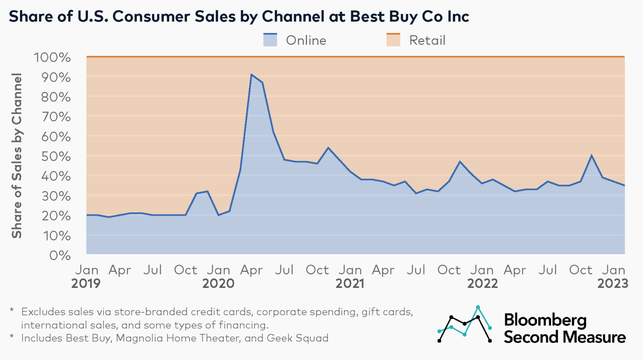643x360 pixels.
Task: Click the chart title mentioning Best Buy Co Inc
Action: [x=239, y=17]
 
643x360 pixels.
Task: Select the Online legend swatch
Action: [x=270, y=40]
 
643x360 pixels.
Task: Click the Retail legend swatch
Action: [x=393, y=40]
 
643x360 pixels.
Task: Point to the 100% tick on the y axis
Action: [x=52, y=57]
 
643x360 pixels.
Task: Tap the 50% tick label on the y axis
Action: [x=56, y=157]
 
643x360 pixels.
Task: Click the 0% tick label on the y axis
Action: [x=59, y=255]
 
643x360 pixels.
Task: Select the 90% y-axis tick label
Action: [x=56, y=77]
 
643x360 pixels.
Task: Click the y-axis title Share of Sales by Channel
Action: [x=17, y=156]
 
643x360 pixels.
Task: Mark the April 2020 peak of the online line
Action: [x=251, y=75]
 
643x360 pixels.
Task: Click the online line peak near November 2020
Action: [x=328, y=148]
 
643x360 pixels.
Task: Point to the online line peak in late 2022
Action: [x=592, y=155]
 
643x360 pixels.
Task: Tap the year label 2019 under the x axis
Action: [x=86, y=284]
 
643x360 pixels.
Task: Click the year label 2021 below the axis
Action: [x=350, y=284]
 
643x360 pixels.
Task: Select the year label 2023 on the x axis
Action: [x=613, y=284]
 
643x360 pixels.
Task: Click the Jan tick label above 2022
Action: [x=482, y=270]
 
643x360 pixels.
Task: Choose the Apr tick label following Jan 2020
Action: [x=251, y=270]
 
